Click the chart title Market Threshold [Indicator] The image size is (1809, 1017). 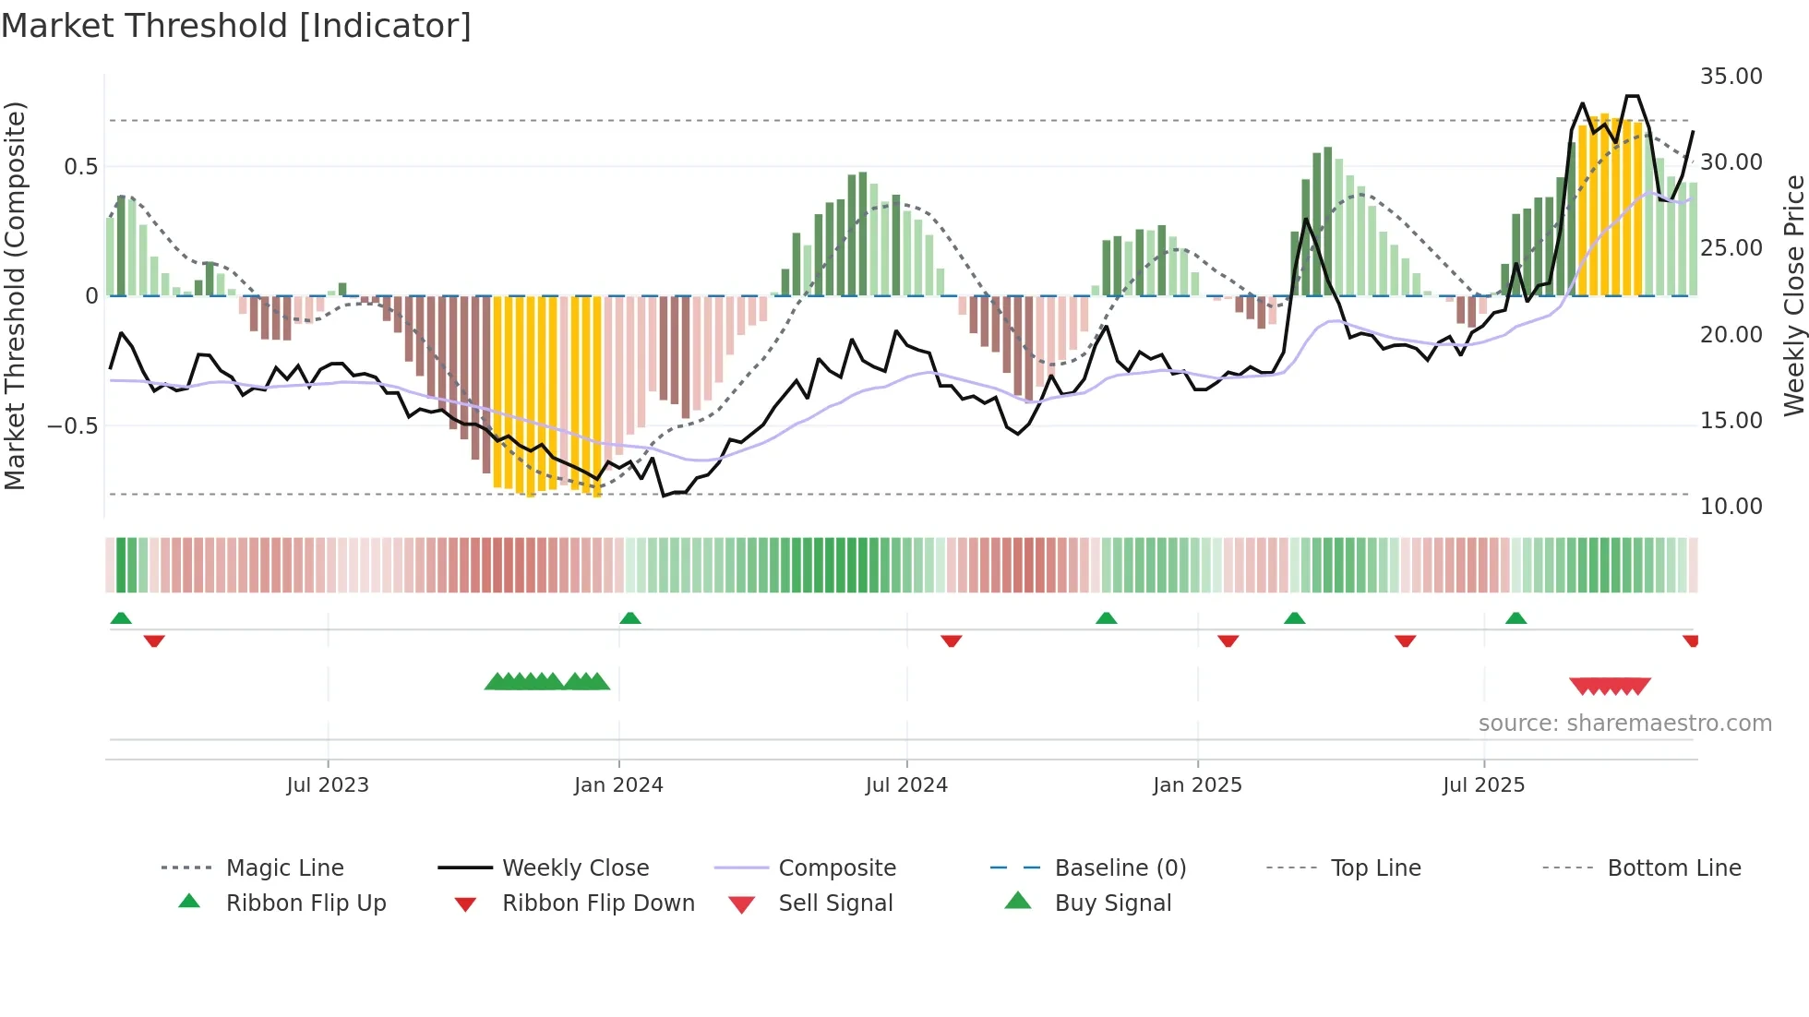236,26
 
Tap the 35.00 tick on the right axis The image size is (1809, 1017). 1731,77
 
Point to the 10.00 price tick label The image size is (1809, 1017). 1731,507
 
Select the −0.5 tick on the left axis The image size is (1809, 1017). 72,426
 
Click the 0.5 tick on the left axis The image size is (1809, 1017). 80,167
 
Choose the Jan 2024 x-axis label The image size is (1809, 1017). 618,785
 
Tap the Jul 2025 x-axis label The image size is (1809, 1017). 1483,785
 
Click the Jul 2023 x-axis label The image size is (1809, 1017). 328,785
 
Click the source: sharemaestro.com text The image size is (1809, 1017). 1624,724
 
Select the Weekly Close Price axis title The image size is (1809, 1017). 1793,295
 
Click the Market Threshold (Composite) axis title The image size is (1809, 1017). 15,295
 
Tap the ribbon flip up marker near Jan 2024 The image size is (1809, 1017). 630,618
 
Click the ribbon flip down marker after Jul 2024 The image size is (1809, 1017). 952,640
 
